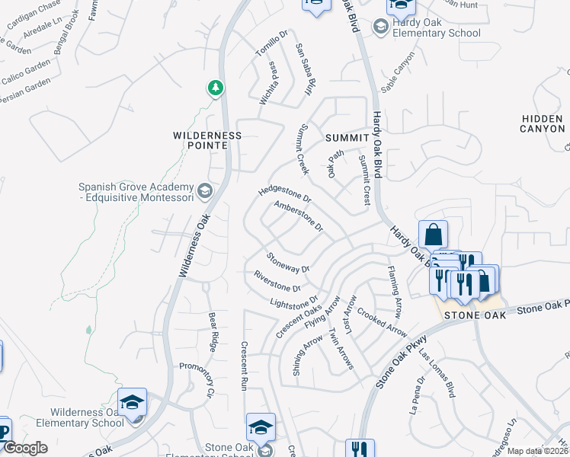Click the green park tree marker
click(216, 88)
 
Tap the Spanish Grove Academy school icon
click(203, 190)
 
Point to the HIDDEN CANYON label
click(542, 123)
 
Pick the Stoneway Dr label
click(288, 262)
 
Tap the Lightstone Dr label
click(293, 302)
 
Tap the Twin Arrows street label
click(341, 349)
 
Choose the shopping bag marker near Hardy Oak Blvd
click(433, 233)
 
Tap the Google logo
click(25, 448)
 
